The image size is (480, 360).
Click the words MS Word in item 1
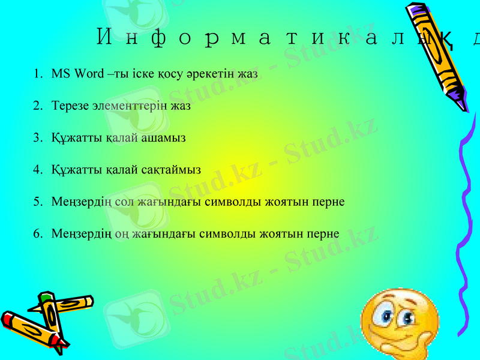pos(70,74)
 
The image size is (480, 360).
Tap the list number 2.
pos(37,106)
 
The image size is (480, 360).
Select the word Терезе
pos(70,106)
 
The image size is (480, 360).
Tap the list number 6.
pos(37,233)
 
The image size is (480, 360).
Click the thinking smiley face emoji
pos(399,324)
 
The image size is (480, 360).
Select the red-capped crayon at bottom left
pos(33,330)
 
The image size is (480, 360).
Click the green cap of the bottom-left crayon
pos(44,296)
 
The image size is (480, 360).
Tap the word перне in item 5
pos(329,201)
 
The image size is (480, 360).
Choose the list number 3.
pos(37,137)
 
